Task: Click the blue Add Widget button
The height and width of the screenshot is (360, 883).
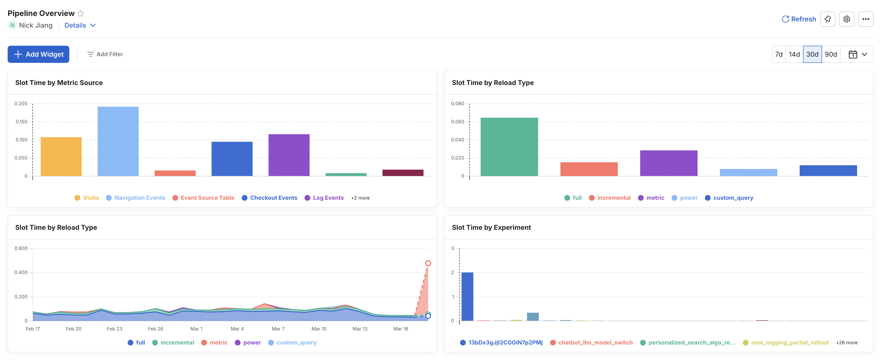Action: pos(38,54)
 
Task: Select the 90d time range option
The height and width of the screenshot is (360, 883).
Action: pos(831,54)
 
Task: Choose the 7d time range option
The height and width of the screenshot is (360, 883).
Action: pos(779,54)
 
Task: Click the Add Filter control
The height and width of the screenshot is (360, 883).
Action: pos(105,54)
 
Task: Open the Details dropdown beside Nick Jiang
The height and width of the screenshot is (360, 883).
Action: pos(80,25)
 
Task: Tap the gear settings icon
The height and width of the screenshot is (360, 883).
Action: pos(846,19)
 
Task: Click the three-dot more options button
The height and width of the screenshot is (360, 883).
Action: pos(866,19)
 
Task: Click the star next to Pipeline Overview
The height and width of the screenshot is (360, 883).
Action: pos(80,13)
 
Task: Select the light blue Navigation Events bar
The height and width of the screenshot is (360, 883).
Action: pos(118,141)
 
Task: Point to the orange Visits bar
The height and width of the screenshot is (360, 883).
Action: pos(61,157)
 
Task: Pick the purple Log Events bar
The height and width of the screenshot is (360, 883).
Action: pos(289,155)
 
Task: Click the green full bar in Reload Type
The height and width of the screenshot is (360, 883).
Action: pos(509,147)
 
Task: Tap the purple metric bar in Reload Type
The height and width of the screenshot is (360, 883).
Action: pos(668,163)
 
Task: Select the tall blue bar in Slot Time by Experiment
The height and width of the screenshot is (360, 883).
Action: pos(467,297)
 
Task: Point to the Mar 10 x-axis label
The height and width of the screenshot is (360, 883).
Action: pos(319,329)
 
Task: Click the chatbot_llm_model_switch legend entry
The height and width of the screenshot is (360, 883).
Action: pos(595,343)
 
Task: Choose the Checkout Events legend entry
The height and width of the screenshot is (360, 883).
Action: pos(273,198)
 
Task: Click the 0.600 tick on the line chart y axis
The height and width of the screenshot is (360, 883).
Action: pos(21,249)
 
